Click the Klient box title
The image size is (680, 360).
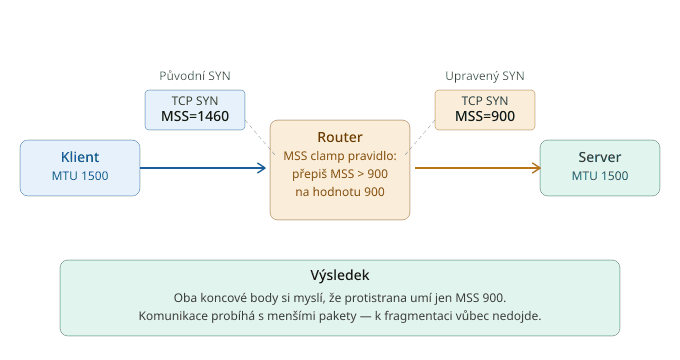(80, 157)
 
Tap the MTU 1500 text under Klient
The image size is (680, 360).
(80, 176)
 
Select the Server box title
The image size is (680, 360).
(599, 157)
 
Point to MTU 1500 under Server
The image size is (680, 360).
(600, 176)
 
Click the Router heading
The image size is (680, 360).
(340, 137)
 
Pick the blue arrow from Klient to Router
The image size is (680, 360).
(203, 168)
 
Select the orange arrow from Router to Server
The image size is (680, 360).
(478, 168)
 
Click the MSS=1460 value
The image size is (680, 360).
(195, 116)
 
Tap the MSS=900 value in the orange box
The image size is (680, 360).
(485, 116)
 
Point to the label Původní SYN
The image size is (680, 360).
(195, 76)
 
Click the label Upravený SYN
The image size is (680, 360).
(485, 76)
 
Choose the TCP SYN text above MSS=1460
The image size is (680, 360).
(195, 101)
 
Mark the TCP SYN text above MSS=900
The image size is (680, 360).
(485, 101)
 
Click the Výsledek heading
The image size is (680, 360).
(340, 275)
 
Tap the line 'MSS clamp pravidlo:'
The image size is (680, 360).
(340, 156)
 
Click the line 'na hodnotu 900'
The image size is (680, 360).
(340, 192)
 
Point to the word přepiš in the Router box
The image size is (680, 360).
(309, 174)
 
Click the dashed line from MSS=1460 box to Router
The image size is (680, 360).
(260, 137)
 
